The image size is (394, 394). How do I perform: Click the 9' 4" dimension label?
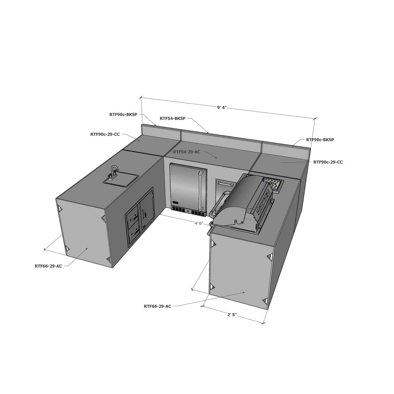[x=222, y=107]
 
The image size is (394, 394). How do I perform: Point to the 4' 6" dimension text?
[x=199, y=223]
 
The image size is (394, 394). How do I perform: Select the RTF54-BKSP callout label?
[x=172, y=118]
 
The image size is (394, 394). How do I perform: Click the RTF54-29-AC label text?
[x=186, y=152]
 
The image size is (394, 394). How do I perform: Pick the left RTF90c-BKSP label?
[x=123, y=115]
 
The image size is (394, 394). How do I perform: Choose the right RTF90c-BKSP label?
[x=320, y=140]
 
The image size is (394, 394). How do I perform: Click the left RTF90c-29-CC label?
[x=105, y=134]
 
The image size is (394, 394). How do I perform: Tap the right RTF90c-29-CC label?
[x=328, y=162]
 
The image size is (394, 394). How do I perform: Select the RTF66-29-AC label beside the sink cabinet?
[x=48, y=266]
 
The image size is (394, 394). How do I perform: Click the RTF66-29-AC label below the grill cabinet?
[x=157, y=306]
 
